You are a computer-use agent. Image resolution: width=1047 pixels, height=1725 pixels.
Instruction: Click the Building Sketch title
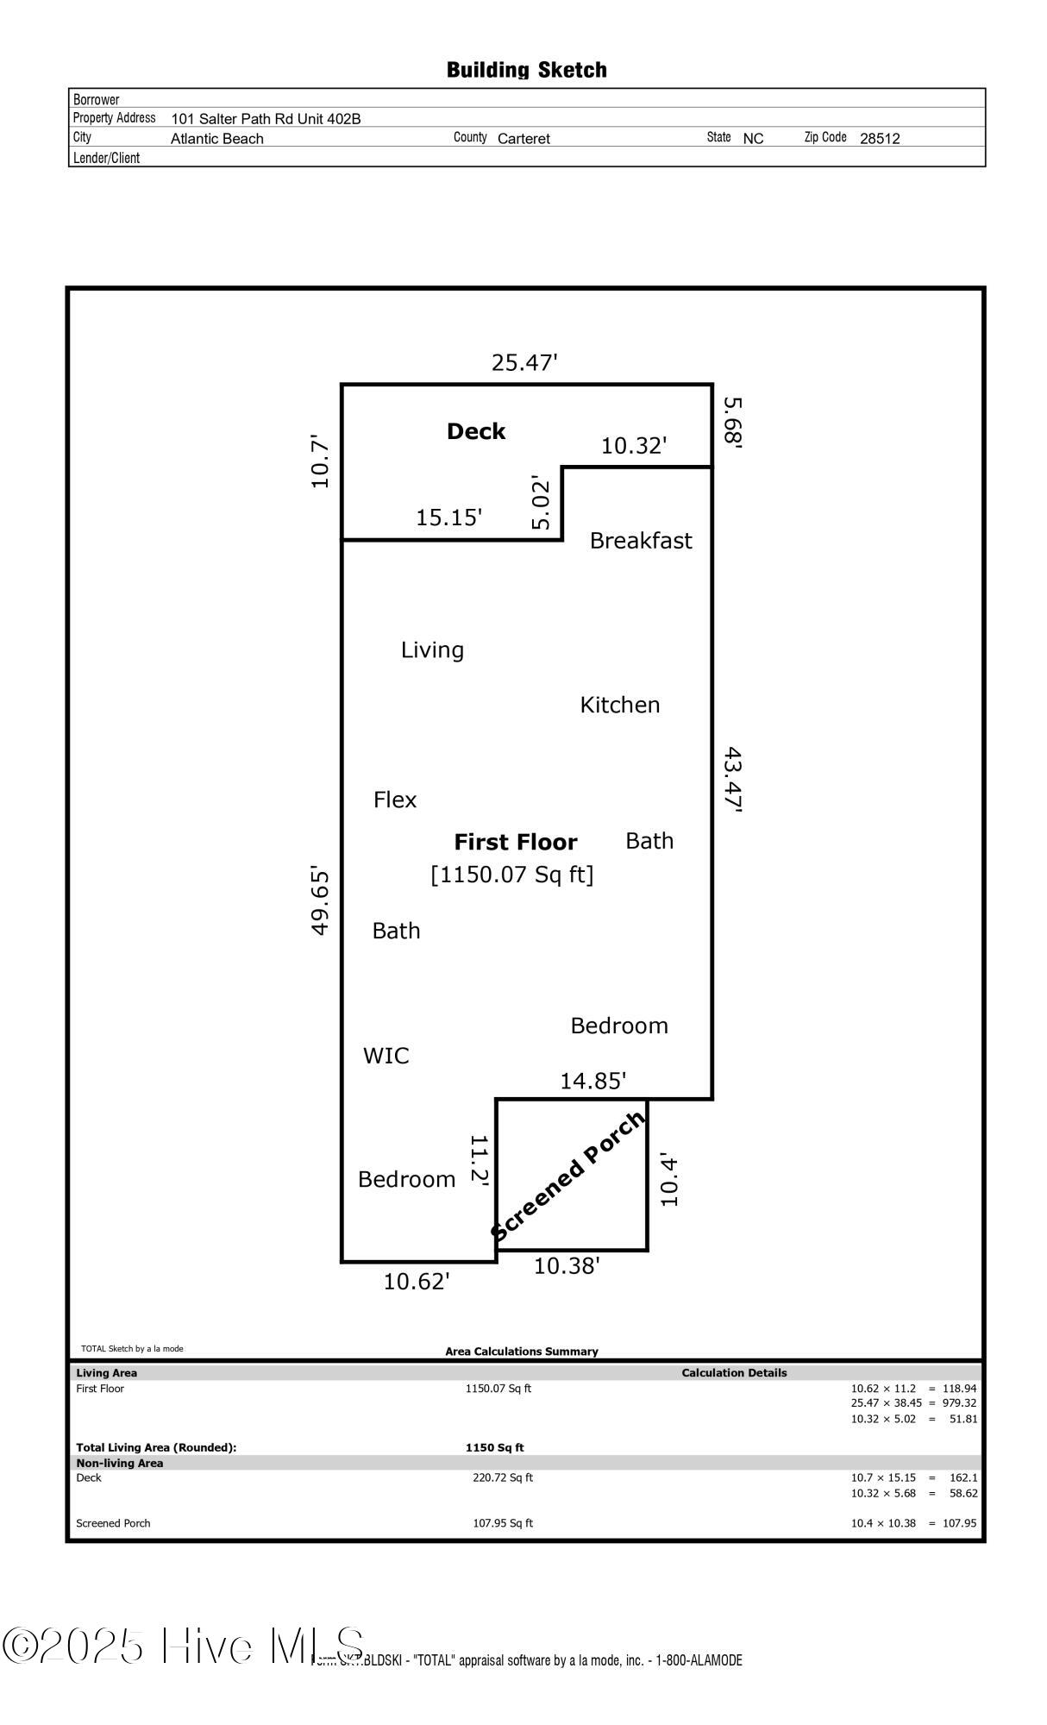(527, 70)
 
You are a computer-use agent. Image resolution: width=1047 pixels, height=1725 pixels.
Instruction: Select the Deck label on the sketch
(476, 431)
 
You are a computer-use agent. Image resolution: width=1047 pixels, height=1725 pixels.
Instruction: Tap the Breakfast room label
(641, 541)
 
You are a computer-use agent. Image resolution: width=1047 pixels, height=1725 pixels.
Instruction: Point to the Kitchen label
(620, 705)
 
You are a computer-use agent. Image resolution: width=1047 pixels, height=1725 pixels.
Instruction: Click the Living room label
(432, 650)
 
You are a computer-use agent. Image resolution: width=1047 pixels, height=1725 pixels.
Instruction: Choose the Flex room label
(395, 800)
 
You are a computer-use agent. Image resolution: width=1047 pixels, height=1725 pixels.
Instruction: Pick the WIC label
(386, 1056)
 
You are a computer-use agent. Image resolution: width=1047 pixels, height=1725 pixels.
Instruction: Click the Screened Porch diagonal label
(568, 1176)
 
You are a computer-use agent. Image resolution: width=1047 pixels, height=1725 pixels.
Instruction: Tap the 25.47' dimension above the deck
(524, 362)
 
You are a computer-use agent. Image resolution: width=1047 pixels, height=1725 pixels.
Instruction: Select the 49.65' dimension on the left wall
(320, 900)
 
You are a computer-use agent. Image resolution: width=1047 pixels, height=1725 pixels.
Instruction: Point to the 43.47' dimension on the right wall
(733, 780)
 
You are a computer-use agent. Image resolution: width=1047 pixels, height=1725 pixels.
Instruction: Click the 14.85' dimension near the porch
(592, 1081)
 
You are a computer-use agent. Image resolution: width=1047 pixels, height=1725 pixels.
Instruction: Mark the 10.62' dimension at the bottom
(417, 1282)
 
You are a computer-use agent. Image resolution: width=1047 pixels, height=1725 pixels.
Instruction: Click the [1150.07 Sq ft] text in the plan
(512, 875)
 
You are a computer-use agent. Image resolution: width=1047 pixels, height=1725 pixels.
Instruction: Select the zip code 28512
(880, 138)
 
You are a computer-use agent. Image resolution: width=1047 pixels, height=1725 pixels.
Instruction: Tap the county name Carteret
(523, 138)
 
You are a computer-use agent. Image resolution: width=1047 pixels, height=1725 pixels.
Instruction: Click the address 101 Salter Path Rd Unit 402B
(266, 119)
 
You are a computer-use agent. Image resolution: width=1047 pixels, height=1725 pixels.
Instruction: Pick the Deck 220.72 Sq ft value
(503, 1477)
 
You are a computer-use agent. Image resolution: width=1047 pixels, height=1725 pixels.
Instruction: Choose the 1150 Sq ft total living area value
(495, 1447)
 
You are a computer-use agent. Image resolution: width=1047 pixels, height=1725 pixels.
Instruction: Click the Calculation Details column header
(734, 1372)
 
